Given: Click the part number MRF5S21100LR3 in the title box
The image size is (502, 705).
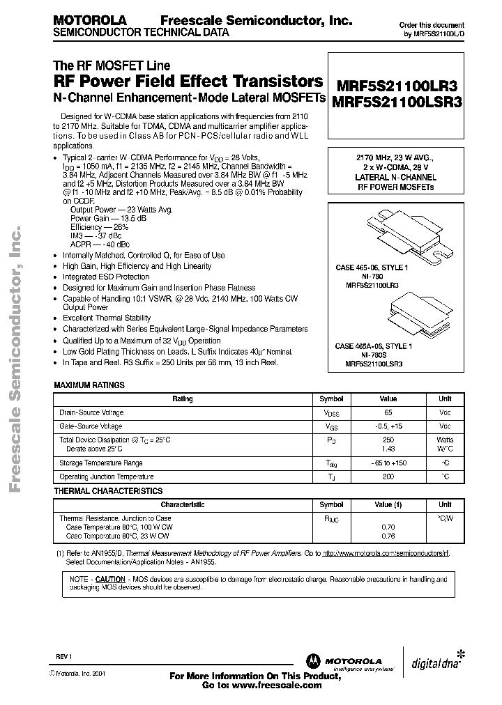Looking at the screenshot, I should pos(397,86).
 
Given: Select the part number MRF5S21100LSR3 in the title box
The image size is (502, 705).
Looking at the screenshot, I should pos(397,102).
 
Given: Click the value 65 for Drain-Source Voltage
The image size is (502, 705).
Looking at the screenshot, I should pos(388,413).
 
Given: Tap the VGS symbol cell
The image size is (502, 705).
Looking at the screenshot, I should pos(331,426).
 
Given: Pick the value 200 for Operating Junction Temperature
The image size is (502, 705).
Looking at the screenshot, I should pos(388,477).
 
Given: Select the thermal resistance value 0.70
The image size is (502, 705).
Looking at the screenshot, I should pos(388,528).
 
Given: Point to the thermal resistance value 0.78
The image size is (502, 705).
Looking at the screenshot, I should pos(388,536).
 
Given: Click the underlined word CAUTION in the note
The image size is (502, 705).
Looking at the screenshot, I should pos(110,579).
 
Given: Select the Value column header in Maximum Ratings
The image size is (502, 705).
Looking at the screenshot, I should pos(388,399).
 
